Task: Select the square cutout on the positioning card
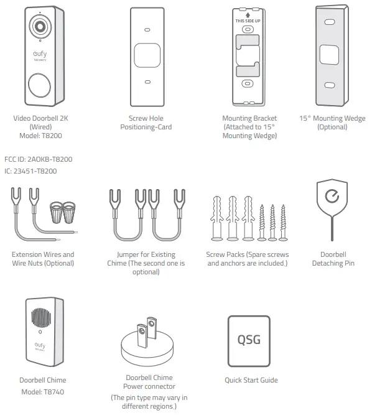point(146,55)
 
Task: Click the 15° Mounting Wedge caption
point(332,123)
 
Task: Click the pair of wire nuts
point(63,213)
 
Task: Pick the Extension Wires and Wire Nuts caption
point(42,259)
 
